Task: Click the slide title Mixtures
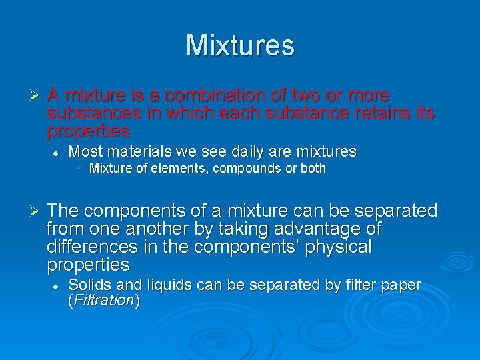pyautogui.click(x=240, y=45)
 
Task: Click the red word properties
pyautogui.click(x=88, y=130)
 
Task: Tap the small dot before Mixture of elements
pyautogui.click(x=79, y=168)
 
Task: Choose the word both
pyautogui.click(x=313, y=169)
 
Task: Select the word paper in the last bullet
pyautogui.click(x=401, y=285)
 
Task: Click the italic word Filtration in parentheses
pyautogui.click(x=104, y=301)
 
